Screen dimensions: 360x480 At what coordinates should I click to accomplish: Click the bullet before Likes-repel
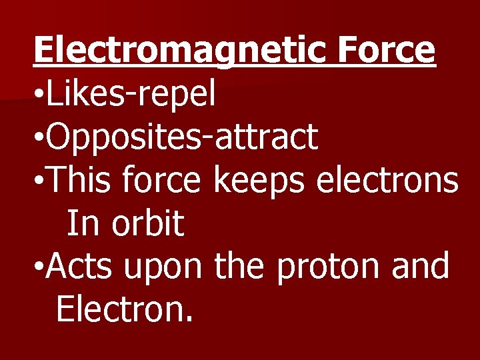point(39,96)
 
